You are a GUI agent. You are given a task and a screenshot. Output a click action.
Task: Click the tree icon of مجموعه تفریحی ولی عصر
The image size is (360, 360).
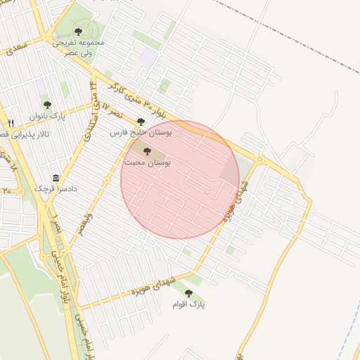[x=77, y=30]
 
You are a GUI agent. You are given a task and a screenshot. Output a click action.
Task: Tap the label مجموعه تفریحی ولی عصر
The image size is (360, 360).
[x=78, y=47]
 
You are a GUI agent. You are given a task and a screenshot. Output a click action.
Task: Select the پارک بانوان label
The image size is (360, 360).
[x=47, y=115]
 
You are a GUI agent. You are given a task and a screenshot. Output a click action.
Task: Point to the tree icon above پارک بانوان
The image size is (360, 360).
[x=47, y=105]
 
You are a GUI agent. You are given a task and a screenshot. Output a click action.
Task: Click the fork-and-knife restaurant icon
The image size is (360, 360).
[x=10, y=123]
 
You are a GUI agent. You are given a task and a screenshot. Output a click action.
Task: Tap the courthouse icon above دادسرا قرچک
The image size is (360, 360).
[x=56, y=179]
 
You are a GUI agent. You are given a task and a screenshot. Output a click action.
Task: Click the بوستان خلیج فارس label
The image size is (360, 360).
[x=141, y=131]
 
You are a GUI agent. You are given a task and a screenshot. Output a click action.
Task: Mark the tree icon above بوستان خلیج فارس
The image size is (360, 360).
[x=141, y=121]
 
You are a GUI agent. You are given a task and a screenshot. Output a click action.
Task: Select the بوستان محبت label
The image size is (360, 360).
[x=148, y=162]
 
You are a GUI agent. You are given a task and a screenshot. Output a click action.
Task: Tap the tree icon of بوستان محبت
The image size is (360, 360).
[x=147, y=151]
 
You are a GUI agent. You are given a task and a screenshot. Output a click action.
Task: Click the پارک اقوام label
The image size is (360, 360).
[x=188, y=304]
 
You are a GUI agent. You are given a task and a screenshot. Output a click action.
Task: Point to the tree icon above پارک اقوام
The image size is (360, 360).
[x=188, y=292]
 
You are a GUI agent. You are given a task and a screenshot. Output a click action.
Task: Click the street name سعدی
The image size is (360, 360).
[x=15, y=46]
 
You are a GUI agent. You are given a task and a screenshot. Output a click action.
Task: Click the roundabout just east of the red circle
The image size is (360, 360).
[x=259, y=160]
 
